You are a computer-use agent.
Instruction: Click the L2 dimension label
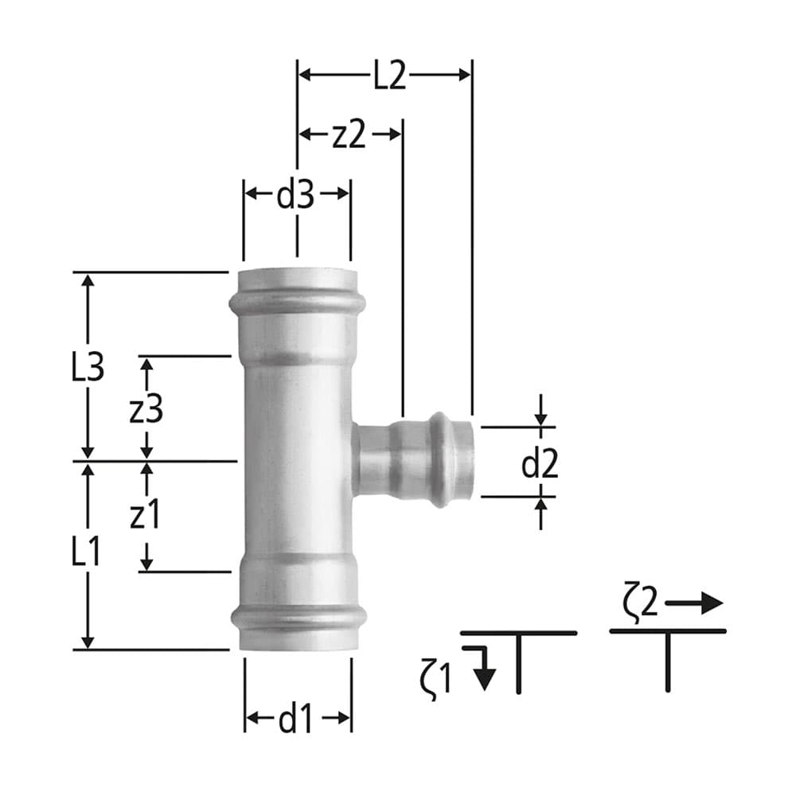pos(389,76)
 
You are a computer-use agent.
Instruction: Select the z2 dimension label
pos(349,135)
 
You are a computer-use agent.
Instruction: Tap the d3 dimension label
pos(295,195)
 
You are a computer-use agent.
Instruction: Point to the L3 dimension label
pos(87,368)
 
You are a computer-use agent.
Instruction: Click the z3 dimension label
pos(146,409)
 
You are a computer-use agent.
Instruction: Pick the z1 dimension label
pos(145,517)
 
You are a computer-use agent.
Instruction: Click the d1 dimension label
pos(295,720)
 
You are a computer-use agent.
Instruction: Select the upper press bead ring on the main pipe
pos(297,302)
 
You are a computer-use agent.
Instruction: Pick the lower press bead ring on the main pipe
pos(298,617)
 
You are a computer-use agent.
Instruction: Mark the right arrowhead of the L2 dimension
pos(465,75)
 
